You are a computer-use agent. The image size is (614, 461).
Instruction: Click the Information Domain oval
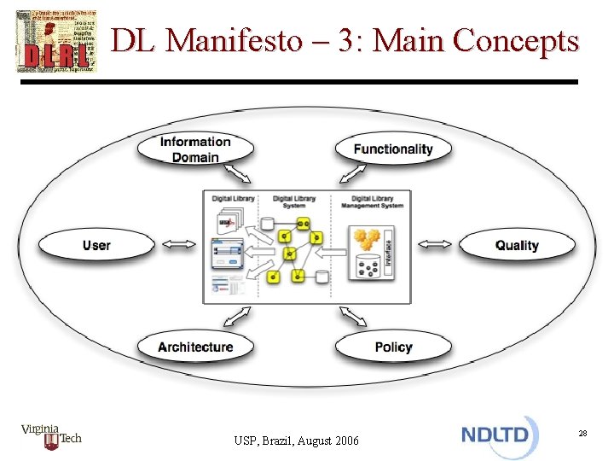pos(195,149)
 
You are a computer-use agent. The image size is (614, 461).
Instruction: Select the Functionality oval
pos(393,149)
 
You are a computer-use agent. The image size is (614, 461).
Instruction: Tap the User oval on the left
pos(96,245)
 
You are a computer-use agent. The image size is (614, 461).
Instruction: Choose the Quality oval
pos(517,245)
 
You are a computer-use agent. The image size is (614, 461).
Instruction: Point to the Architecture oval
pos(195,347)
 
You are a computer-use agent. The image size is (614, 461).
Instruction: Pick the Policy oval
pos(393,347)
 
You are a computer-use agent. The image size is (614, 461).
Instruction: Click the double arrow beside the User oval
pos(178,245)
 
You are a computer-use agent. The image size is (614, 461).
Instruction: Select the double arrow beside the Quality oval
pos(437,245)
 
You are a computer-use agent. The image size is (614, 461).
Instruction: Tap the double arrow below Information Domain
pos(238,173)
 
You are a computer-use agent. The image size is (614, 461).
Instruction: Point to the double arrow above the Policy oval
pos(351,317)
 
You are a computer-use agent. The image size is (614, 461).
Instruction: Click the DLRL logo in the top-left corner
pos(56,42)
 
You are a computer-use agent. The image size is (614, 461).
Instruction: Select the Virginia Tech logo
pos(51,437)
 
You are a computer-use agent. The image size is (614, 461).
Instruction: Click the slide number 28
pos(582,435)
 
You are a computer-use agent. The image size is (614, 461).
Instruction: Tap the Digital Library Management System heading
pos(372,202)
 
